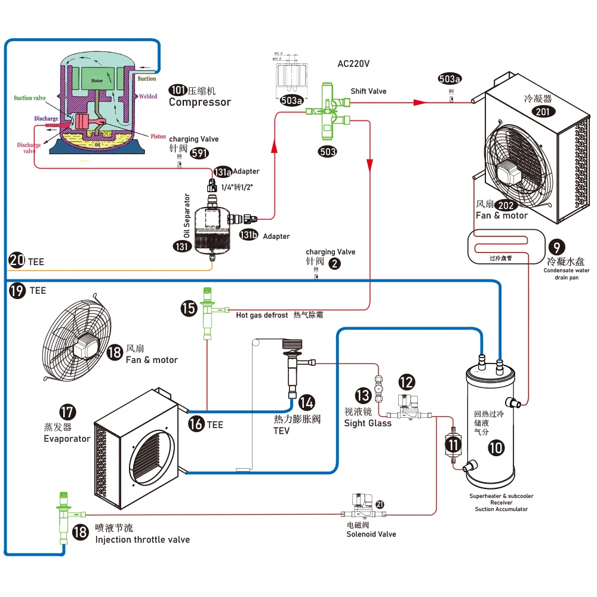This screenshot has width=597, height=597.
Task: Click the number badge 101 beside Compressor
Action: click(x=177, y=90)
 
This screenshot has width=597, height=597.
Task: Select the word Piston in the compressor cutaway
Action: click(x=158, y=137)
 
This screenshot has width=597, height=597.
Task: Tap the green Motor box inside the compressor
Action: click(x=97, y=80)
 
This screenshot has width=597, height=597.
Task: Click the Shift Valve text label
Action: click(x=368, y=91)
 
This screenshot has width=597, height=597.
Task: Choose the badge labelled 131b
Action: click(x=248, y=235)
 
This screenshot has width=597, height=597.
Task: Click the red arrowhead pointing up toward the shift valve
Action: click(x=275, y=146)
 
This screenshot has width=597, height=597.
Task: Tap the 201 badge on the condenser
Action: click(x=545, y=111)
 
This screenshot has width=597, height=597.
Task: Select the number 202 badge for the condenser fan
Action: click(x=506, y=205)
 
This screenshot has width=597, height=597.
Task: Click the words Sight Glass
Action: click(x=368, y=423)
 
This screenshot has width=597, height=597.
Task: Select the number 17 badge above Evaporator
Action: click(x=67, y=412)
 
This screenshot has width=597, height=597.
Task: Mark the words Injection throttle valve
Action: click(x=143, y=540)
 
